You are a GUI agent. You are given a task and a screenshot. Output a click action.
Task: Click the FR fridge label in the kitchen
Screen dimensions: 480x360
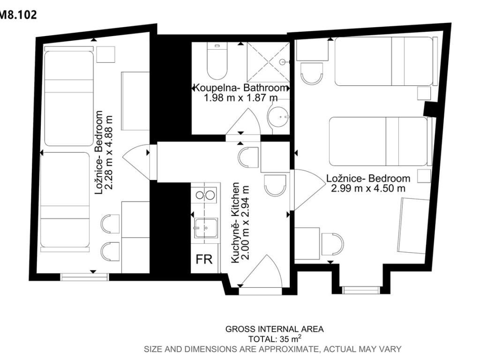pos(204,259)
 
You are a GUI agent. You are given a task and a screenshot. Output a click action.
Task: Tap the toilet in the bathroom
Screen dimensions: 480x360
pos(217,60)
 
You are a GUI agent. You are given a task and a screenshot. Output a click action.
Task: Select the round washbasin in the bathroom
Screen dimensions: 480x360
pos(278,117)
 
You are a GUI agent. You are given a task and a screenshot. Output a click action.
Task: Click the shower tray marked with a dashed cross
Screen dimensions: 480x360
pos(268,62)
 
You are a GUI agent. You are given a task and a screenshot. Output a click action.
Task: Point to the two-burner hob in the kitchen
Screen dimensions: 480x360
pos(205,195)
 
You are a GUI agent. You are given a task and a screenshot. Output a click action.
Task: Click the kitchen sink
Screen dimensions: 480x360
pos(206,228)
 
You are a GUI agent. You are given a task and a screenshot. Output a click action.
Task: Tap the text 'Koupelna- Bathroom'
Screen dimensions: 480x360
pos(241,88)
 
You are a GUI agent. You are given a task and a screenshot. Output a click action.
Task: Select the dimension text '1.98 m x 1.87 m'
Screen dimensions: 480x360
pos(241,97)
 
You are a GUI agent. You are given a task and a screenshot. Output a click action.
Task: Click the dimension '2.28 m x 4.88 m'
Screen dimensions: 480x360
pos(109,152)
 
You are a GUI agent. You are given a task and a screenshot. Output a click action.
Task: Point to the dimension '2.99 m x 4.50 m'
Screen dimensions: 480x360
pos(368,188)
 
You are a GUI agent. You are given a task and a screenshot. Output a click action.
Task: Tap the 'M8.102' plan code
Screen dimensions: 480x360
pos(18,15)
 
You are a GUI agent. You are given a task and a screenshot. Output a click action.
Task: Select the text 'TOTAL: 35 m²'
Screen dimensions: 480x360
pos(275,338)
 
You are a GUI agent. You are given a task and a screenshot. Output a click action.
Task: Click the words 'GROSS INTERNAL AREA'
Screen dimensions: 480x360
pos(274,329)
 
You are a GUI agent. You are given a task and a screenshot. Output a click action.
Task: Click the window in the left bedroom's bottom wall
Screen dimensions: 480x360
pos(85,277)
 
